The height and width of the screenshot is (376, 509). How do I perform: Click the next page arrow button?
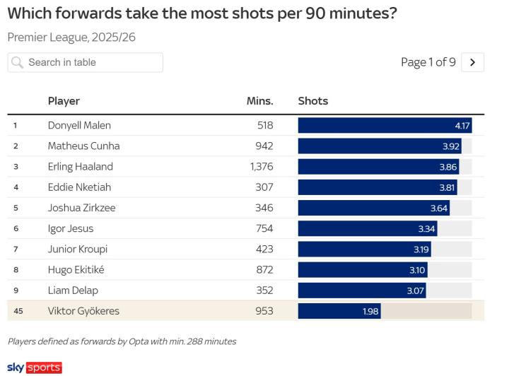(x=473, y=62)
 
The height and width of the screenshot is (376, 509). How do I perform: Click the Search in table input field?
(x=92, y=62)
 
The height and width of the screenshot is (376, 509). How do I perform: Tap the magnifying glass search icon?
(x=18, y=62)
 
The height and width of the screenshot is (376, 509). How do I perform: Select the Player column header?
(x=64, y=101)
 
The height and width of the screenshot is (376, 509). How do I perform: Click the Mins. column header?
(x=259, y=101)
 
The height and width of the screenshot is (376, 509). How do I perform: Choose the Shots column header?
(x=313, y=101)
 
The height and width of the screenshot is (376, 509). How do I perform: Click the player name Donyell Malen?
(x=79, y=126)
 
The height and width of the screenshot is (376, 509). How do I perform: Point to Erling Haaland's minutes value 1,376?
(x=261, y=167)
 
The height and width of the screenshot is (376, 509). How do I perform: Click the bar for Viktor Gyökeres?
(x=339, y=311)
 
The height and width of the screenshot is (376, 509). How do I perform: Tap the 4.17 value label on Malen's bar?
(x=462, y=126)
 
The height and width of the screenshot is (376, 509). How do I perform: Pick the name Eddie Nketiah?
(x=79, y=187)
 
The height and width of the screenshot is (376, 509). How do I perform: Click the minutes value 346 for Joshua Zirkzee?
(x=264, y=208)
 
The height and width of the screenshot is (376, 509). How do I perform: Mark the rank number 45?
(x=18, y=311)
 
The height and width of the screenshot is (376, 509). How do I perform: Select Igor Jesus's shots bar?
(x=367, y=228)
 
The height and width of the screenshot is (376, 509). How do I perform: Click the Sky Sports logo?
(x=34, y=368)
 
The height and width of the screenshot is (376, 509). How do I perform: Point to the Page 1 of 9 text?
(x=428, y=62)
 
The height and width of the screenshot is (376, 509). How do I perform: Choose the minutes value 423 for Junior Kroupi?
(x=264, y=249)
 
